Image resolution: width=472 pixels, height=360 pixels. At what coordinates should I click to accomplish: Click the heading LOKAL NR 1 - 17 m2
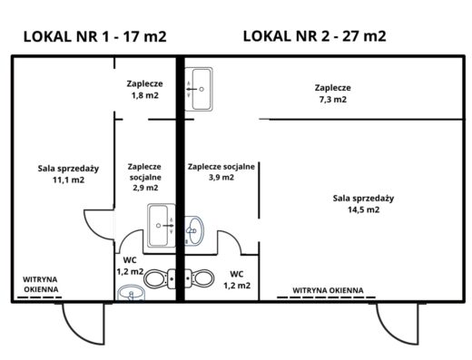coord(95,36)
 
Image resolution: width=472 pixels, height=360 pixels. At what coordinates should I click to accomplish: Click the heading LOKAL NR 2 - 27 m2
coord(315,36)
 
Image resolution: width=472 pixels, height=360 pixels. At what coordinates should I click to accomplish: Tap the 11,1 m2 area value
coord(69,180)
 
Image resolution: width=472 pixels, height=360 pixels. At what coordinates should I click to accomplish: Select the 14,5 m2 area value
coord(363,209)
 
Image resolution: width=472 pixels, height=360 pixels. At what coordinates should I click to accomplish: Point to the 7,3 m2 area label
coord(333,100)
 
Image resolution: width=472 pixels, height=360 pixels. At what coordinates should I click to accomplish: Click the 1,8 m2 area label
coord(145,95)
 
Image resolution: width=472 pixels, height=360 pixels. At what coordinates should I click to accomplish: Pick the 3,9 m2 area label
coord(221,177)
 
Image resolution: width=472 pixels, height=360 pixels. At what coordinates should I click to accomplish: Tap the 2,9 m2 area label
coord(145,188)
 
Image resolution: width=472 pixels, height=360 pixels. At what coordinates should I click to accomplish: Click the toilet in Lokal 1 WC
coord(160,278)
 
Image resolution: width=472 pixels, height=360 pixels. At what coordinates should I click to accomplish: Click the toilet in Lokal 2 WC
coord(200,277)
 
